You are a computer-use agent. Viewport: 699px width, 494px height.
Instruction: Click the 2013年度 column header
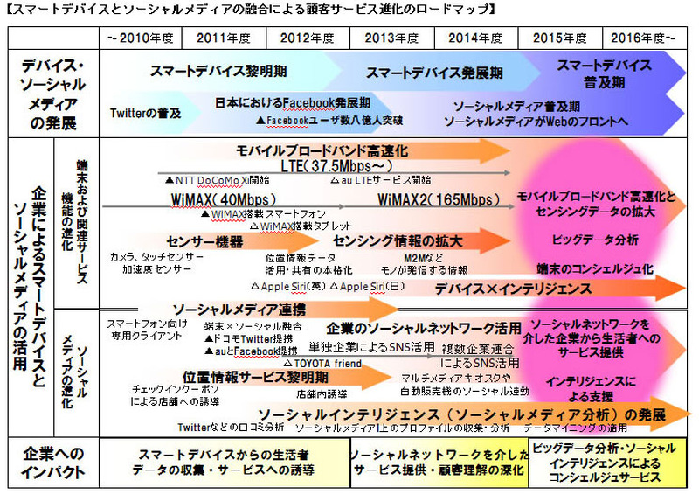tap(391, 38)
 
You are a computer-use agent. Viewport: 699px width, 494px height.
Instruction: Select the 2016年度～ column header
tap(642, 38)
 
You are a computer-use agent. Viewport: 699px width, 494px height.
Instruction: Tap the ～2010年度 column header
tap(140, 38)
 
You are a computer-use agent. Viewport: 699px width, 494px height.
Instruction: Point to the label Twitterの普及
tap(145, 112)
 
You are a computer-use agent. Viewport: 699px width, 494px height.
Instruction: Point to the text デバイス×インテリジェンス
tap(513, 287)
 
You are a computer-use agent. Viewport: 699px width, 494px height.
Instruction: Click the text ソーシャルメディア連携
tap(239, 309)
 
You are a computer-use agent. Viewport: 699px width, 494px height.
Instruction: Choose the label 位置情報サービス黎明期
tap(256, 377)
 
